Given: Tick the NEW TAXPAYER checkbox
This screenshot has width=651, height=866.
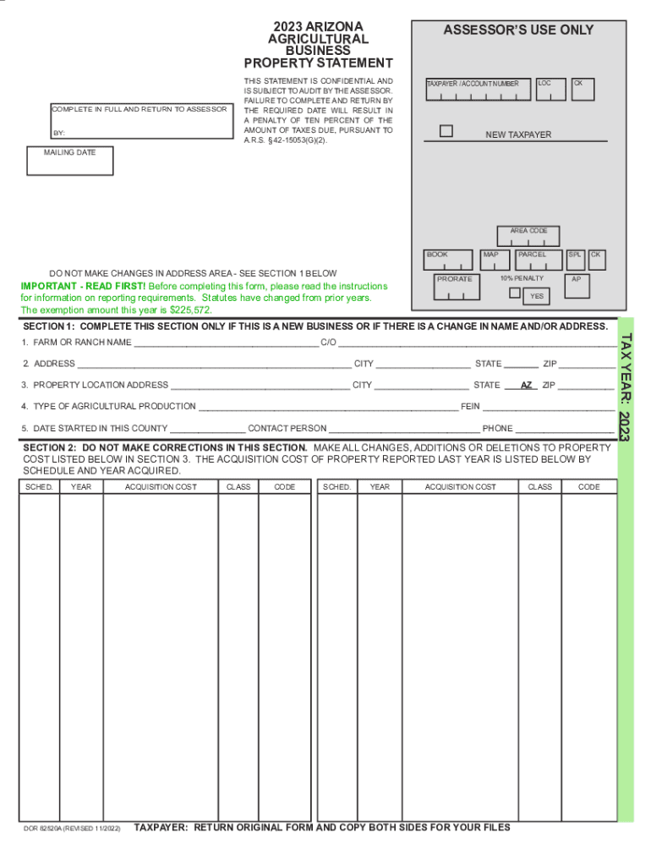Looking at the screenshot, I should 446,131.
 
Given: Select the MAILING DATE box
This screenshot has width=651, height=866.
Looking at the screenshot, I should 69,161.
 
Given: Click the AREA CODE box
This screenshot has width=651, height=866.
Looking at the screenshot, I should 528,236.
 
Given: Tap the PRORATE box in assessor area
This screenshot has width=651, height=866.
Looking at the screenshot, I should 455,286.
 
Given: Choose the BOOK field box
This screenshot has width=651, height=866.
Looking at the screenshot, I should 448,260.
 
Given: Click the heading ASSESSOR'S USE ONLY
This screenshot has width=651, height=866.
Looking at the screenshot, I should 518,30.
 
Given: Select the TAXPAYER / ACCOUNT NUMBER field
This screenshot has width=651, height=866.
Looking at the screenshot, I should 478,90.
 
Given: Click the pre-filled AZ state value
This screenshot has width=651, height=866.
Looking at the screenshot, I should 527,385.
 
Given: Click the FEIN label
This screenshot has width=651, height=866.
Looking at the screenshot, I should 470,407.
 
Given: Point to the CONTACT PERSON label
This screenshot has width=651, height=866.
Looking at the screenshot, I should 287,429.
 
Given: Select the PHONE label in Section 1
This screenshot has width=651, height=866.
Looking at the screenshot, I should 497,429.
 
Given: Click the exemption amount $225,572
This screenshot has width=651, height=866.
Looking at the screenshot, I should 190,310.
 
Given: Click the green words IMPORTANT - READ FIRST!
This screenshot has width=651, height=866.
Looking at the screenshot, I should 83,287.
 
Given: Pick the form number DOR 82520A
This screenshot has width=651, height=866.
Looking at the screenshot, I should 52,828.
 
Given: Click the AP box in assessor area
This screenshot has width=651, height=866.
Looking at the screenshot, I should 576,284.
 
